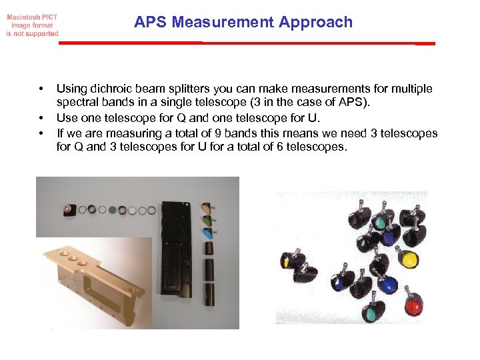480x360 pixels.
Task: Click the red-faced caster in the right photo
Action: (x=414, y=307)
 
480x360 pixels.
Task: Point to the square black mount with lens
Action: (x=69, y=209)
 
